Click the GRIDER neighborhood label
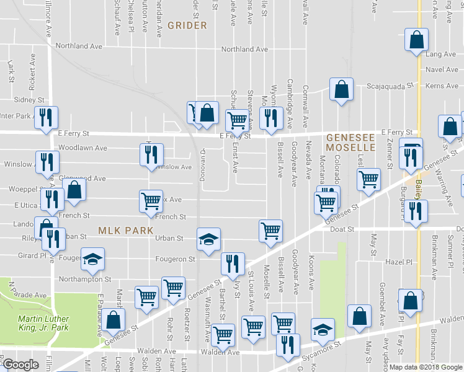pos(187,25)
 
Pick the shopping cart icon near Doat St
pos(270,231)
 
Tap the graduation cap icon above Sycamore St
pos(323,329)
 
